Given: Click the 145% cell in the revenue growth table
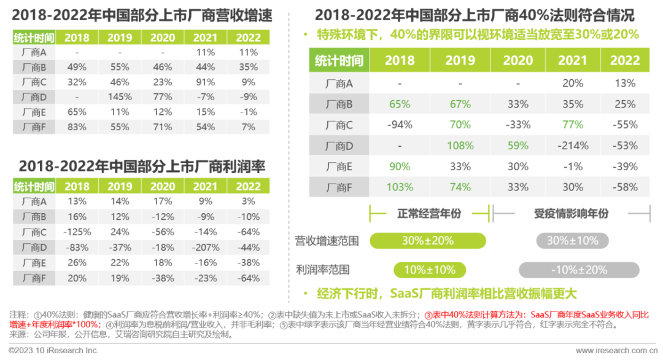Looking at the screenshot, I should [120, 97].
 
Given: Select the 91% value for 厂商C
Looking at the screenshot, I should [206, 82].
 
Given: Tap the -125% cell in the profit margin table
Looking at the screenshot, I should [78, 232].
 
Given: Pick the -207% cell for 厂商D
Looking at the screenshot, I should [206, 248].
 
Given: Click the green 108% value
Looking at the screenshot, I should [460, 146].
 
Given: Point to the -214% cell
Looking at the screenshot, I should [572, 146].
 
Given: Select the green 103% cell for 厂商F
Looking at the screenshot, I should [399, 187].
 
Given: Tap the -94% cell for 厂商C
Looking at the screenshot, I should [399, 125].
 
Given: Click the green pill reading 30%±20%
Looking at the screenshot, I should [427, 241].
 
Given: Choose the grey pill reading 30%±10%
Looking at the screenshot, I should [572, 241].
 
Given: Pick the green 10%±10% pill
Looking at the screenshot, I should [429, 270].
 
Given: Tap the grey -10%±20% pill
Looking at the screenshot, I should [578, 270].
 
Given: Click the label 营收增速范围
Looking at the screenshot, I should [327, 241].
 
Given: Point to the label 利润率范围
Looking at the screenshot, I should [322, 270].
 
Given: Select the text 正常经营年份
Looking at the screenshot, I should [428, 213].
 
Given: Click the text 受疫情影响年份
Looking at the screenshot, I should [571, 213].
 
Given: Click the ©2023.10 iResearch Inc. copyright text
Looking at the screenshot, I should [53, 350].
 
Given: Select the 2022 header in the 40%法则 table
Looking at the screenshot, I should [624, 61].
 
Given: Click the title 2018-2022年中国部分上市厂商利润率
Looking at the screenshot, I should [142, 166].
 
